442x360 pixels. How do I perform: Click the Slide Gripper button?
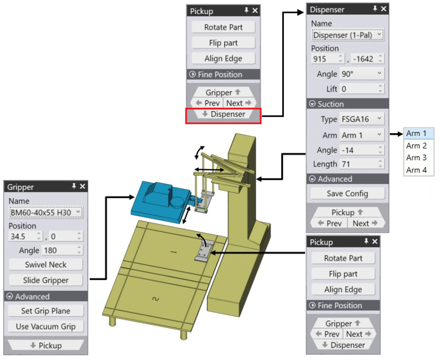pyautogui.click(x=45, y=280)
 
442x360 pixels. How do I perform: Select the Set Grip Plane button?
pyautogui.click(x=45, y=311)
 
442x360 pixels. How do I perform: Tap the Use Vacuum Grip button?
pyautogui.click(x=45, y=327)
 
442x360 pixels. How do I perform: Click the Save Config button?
pyautogui.click(x=347, y=193)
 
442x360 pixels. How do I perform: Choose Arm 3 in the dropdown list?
pyautogui.click(x=416, y=158)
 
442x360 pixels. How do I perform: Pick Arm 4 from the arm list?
pyautogui.click(x=416, y=170)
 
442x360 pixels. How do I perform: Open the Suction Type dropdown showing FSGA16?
pyautogui.click(x=362, y=119)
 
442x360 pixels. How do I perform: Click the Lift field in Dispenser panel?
pyautogui.click(x=362, y=89)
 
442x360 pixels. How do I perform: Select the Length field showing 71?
pyautogui.click(x=362, y=164)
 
